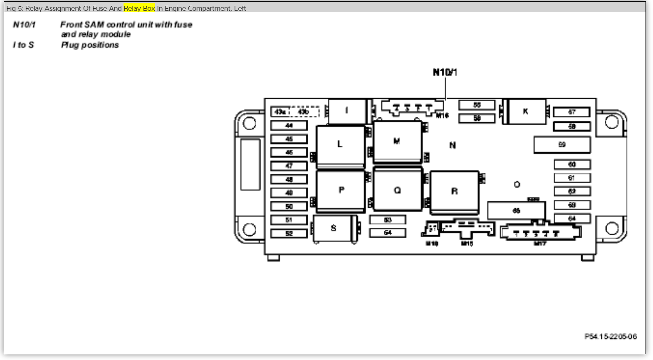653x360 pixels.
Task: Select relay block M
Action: (x=397, y=142)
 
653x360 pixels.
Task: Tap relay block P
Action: (x=341, y=191)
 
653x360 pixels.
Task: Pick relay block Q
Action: (x=398, y=190)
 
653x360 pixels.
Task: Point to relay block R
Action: (x=454, y=191)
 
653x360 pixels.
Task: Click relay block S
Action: (x=334, y=228)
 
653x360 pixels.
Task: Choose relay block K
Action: (x=526, y=112)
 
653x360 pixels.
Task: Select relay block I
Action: (x=347, y=111)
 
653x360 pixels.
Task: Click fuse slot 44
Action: (x=289, y=125)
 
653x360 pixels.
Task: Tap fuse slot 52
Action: (x=289, y=233)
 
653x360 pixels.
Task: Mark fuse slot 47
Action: (x=289, y=166)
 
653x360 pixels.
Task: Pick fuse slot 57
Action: (x=572, y=112)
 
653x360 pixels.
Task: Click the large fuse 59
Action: (x=562, y=145)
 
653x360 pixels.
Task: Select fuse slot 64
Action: (x=572, y=218)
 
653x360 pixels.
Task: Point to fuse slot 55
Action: (x=477, y=105)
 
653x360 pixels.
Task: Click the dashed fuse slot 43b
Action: (x=304, y=112)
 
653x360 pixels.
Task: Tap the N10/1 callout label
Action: (x=445, y=72)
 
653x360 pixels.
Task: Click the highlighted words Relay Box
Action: (x=139, y=8)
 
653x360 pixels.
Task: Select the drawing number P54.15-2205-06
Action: (x=610, y=336)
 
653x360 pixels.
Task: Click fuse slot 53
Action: (x=388, y=220)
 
